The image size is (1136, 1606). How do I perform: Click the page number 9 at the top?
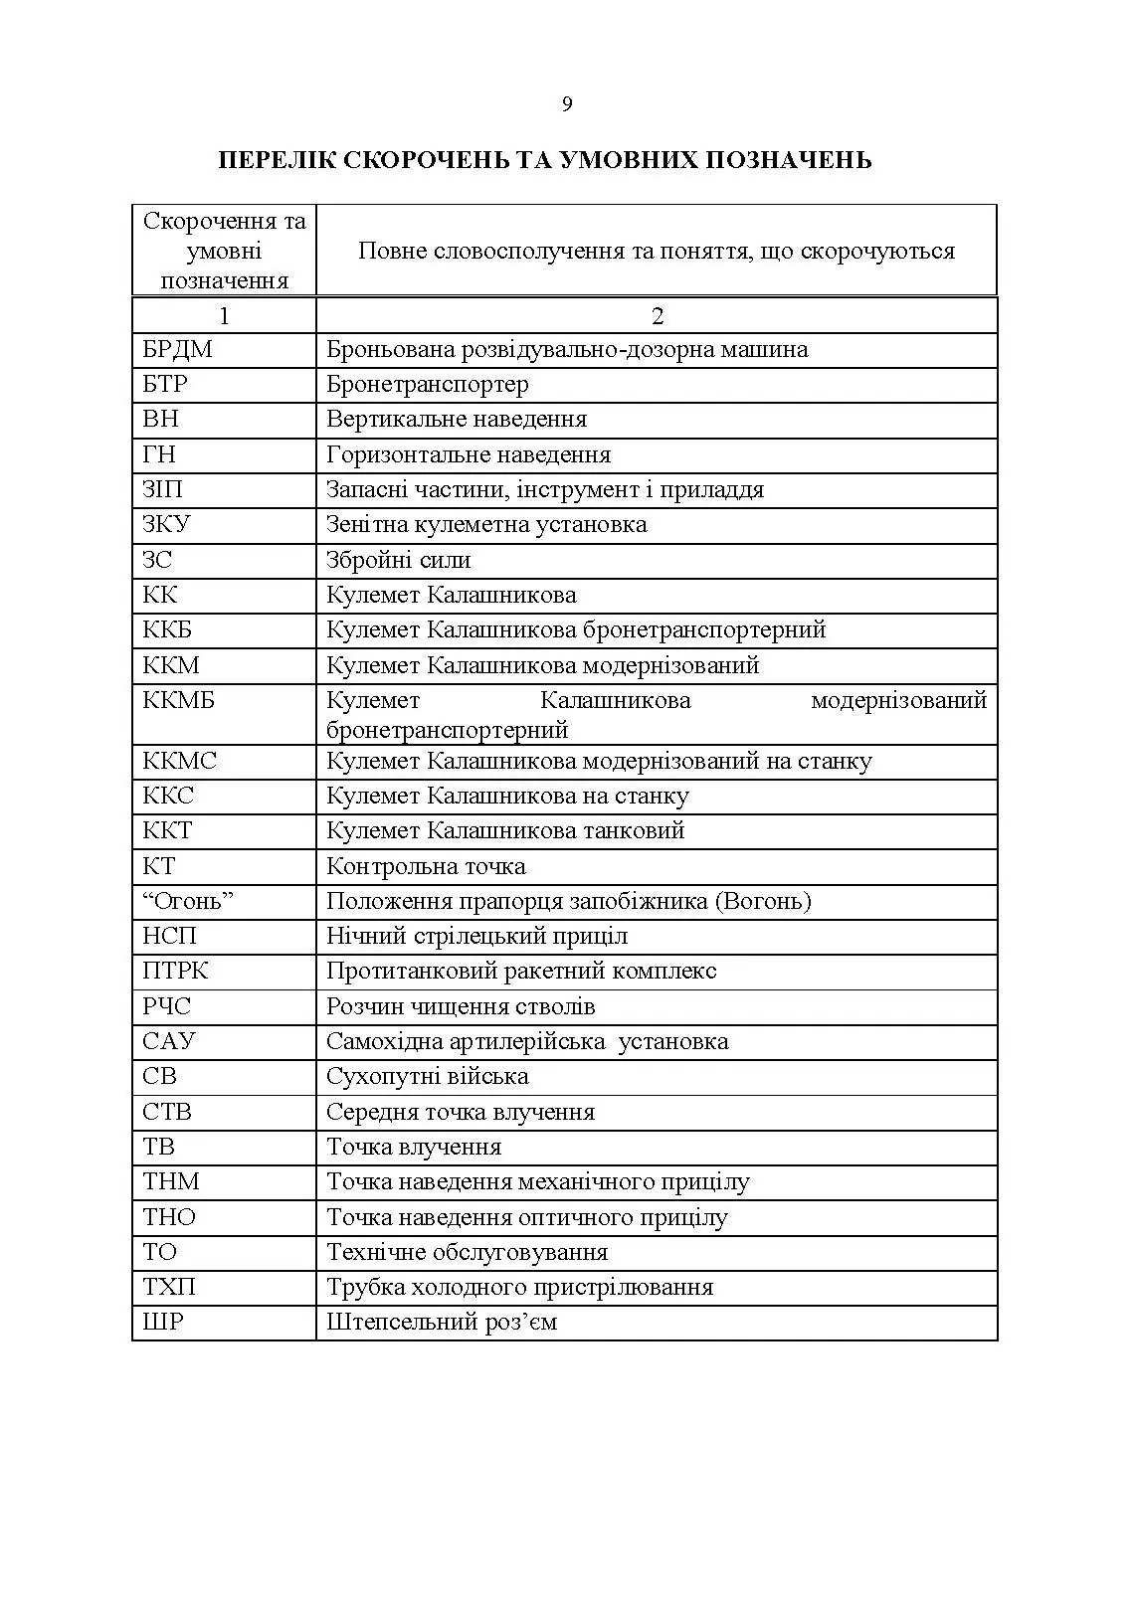point(567,104)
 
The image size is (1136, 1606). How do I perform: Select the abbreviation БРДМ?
point(177,350)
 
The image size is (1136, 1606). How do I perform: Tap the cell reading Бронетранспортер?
point(428,385)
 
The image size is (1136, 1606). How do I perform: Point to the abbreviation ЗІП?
point(163,490)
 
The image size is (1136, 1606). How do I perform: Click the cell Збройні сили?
point(398,561)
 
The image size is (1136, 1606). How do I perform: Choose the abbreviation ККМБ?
point(179,701)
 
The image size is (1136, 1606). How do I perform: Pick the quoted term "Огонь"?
point(188,902)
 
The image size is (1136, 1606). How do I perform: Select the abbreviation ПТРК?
point(175,972)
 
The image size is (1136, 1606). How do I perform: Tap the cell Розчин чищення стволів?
point(461,1007)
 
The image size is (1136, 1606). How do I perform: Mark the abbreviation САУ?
point(169,1042)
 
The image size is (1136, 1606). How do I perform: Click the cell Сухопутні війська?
point(428,1077)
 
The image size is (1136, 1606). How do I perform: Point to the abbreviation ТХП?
point(169,1288)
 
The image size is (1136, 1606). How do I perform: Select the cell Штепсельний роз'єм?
point(442,1323)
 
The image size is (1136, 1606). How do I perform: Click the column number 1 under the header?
point(224,316)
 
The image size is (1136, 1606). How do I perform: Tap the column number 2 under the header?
point(657,316)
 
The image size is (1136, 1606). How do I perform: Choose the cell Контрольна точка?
point(426,867)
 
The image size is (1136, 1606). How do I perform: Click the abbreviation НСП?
point(169,937)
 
